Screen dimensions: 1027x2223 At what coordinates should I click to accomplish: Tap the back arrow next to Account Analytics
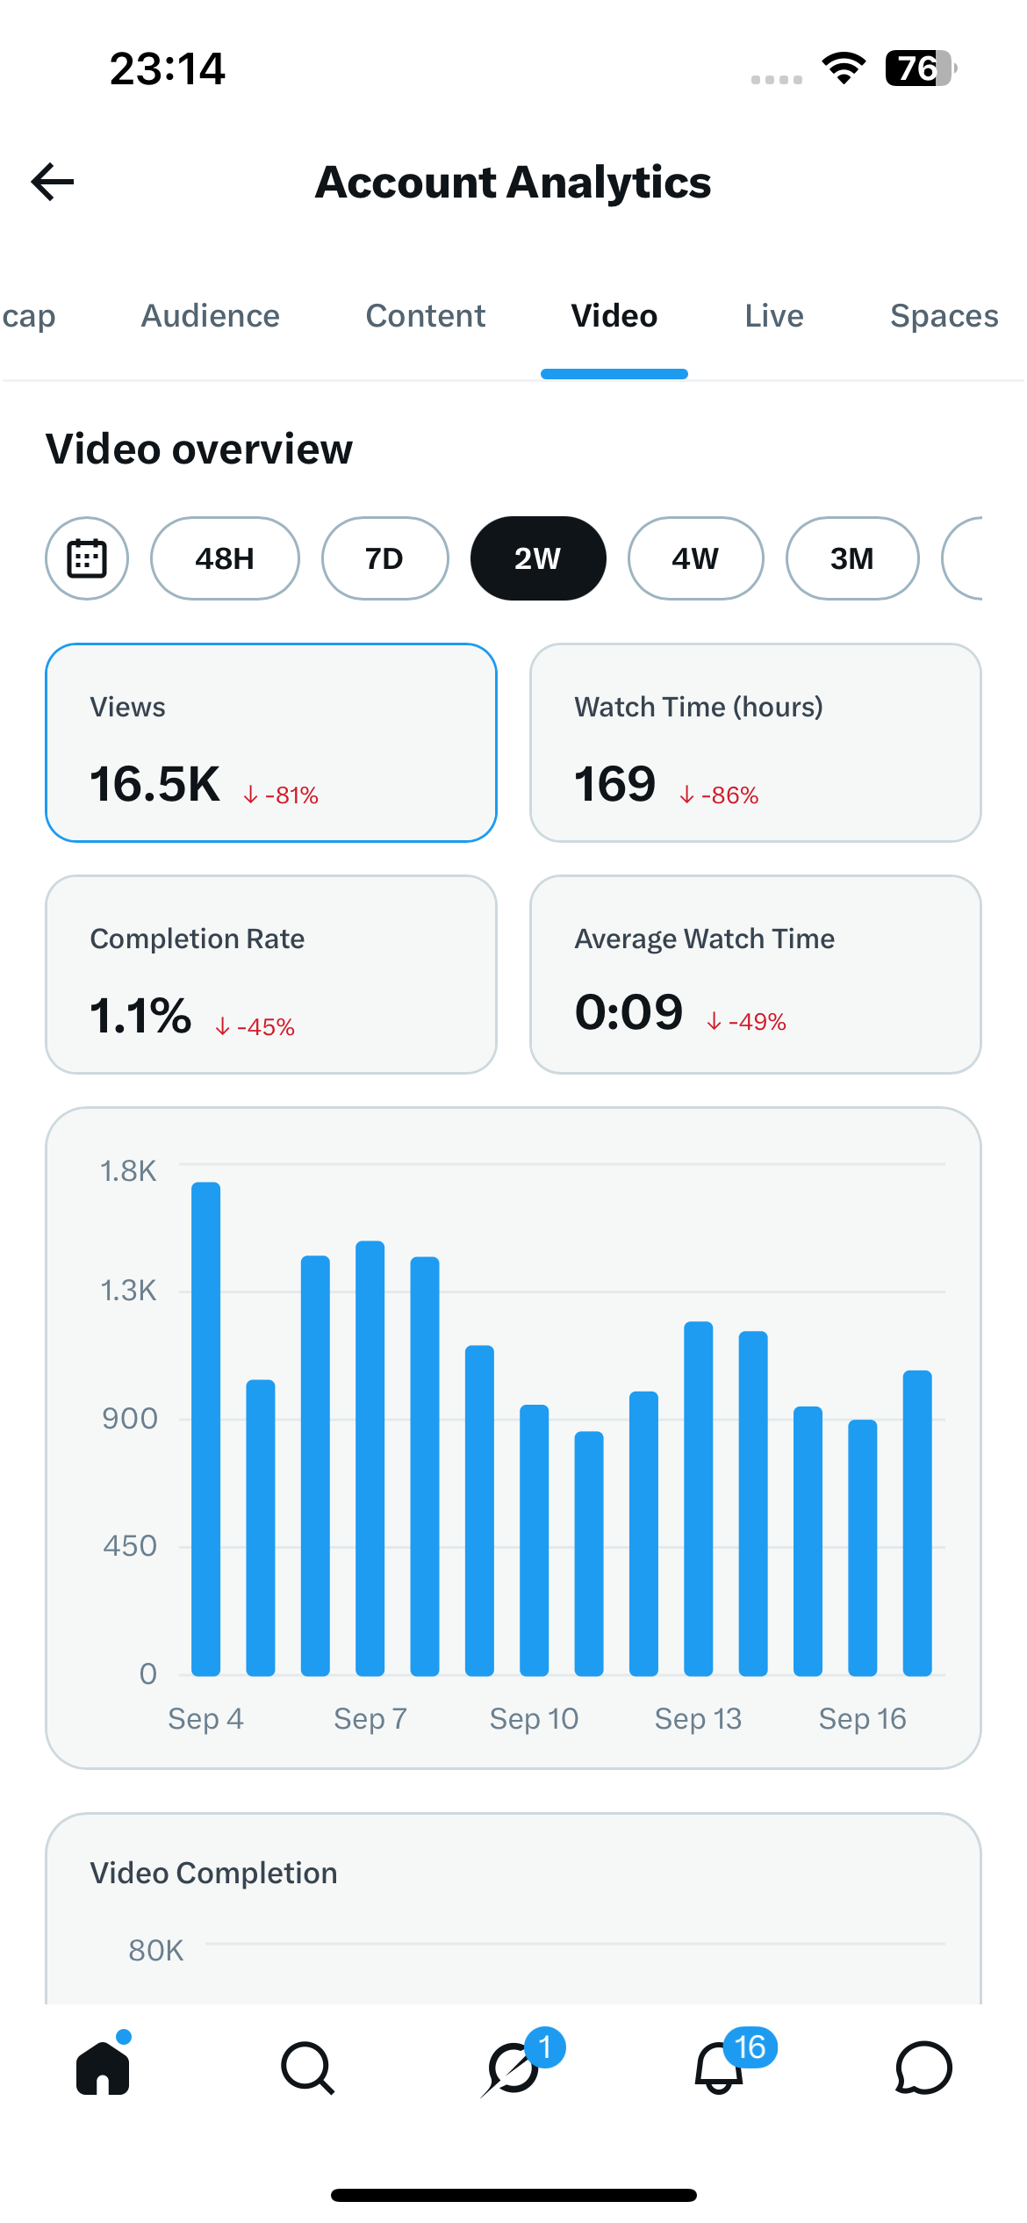click(x=53, y=182)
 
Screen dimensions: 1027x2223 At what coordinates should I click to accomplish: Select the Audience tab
click(x=211, y=316)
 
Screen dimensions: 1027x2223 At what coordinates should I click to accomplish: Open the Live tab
click(x=774, y=316)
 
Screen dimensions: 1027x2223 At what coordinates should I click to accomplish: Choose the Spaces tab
click(x=944, y=316)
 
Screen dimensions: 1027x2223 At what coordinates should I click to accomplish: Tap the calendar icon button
click(x=87, y=558)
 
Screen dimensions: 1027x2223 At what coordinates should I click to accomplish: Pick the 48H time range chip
click(x=225, y=558)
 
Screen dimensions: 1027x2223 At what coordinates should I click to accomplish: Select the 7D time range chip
click(x=384, y=558)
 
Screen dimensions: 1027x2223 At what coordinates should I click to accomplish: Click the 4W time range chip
click(x=695, y=558)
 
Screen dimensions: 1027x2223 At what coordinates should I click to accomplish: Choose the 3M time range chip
click(x=852, y=558)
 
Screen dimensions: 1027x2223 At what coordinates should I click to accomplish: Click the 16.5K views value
click(x=154, y=784)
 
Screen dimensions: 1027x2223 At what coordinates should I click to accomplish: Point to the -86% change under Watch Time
click(x=719, y=795)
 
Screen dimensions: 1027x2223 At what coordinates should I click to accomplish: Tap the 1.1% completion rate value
click(x=140, y=1016)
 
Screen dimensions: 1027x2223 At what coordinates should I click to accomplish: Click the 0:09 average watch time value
click(x=628, y=1011)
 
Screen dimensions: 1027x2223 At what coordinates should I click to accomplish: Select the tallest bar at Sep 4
click(x=206, y=1429)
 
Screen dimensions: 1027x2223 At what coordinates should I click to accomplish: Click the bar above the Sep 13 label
click(x=699, y=1499)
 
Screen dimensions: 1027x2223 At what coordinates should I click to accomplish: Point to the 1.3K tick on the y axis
click(x=128, y=1291)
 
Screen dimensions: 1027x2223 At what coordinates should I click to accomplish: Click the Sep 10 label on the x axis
click(x=534, y=1718)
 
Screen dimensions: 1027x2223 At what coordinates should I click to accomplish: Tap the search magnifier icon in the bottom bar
click(x=307, y=2068)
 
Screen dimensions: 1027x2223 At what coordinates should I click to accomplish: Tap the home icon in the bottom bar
click(x=103, y=2068)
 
